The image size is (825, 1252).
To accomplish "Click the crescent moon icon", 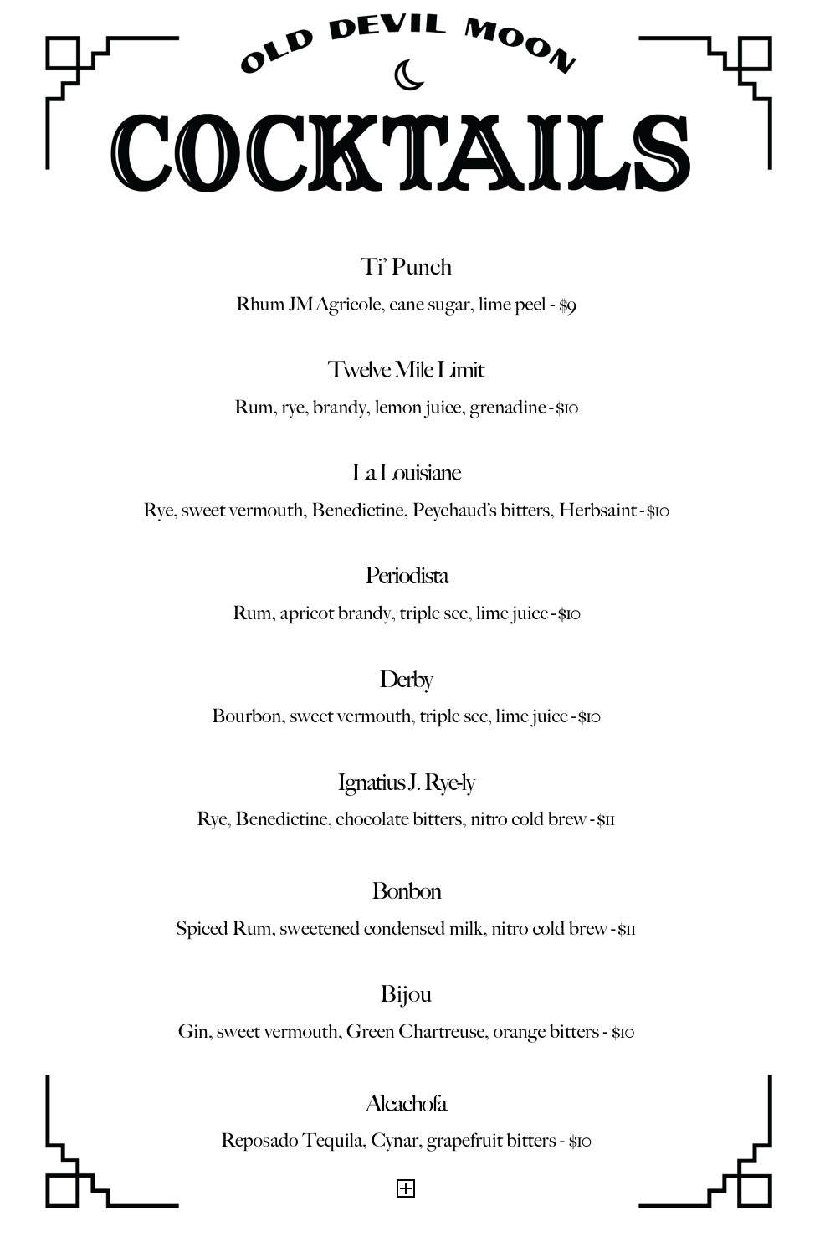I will (408, 75).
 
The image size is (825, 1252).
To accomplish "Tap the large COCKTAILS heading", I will (401, 153).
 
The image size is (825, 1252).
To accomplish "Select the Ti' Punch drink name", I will (406, 267).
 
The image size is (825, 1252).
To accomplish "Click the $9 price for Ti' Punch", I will (568, 305).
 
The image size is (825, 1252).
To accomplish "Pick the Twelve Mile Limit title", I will (406, 370).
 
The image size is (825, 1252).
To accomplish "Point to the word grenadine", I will (507, 408).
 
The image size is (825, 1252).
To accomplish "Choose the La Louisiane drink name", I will (406, 473).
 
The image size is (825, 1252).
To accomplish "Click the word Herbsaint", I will (597, 511).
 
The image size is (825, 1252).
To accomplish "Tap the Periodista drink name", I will (407, 576).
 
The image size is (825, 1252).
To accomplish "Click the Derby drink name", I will (406, 680).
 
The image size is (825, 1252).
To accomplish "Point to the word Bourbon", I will (247, 716).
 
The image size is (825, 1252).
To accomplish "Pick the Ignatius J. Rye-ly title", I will (406, 782).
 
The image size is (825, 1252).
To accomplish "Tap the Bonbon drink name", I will (406, 891).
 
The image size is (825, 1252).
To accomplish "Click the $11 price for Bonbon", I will (627, 930).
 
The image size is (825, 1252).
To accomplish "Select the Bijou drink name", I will (406, 994).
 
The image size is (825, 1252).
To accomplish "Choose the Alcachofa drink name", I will (406, 1104).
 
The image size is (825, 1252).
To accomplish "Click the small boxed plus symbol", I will (406, 1188).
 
